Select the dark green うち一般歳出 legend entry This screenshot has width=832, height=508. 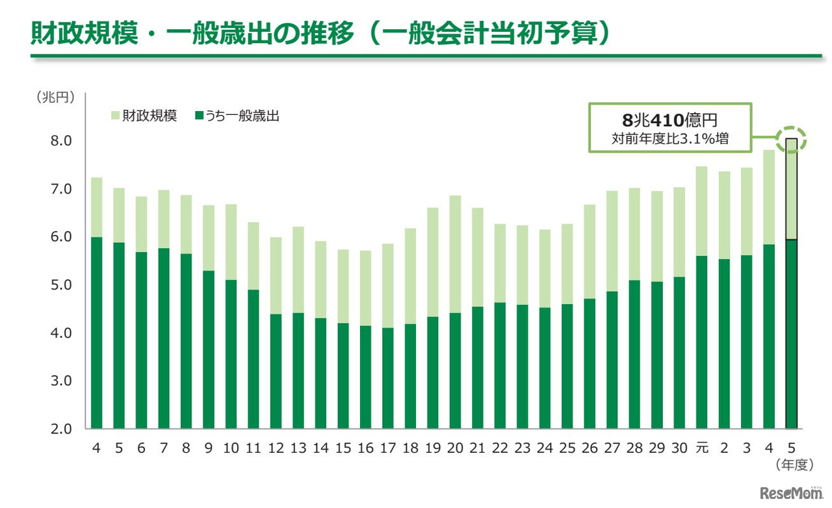237,117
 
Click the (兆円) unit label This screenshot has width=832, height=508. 55,97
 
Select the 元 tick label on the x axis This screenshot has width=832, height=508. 701,448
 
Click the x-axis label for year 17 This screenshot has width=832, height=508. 387,448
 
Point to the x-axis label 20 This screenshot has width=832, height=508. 455,448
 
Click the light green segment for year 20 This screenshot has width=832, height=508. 455,254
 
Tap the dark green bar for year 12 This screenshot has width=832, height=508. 276,371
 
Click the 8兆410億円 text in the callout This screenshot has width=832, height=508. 669,121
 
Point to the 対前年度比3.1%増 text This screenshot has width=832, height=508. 669,138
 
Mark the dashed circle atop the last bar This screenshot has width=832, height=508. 791,138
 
